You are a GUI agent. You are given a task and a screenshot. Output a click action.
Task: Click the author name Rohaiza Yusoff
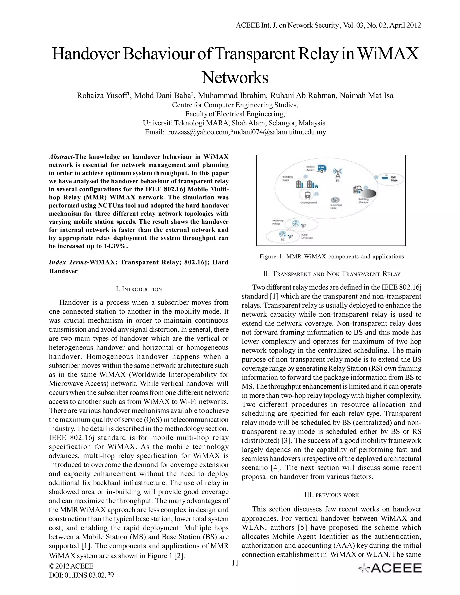102,96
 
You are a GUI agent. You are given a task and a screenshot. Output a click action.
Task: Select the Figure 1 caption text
331,256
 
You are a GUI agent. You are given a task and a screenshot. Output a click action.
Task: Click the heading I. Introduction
139,289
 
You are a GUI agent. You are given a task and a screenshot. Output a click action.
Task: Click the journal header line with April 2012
328,25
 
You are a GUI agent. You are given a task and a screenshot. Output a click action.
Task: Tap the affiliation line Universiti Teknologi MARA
235,123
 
